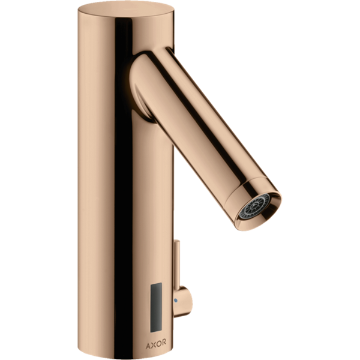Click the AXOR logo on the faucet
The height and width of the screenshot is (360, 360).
point(156,343)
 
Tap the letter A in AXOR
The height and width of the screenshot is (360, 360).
point(148,343)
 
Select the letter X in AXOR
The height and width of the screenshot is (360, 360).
point(154,343)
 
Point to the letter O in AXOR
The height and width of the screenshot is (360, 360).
point(158,343)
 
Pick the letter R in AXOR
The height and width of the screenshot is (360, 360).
point(164,343)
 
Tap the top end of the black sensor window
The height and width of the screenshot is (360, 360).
point(157,283)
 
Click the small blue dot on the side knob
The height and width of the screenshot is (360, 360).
point(176,300)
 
